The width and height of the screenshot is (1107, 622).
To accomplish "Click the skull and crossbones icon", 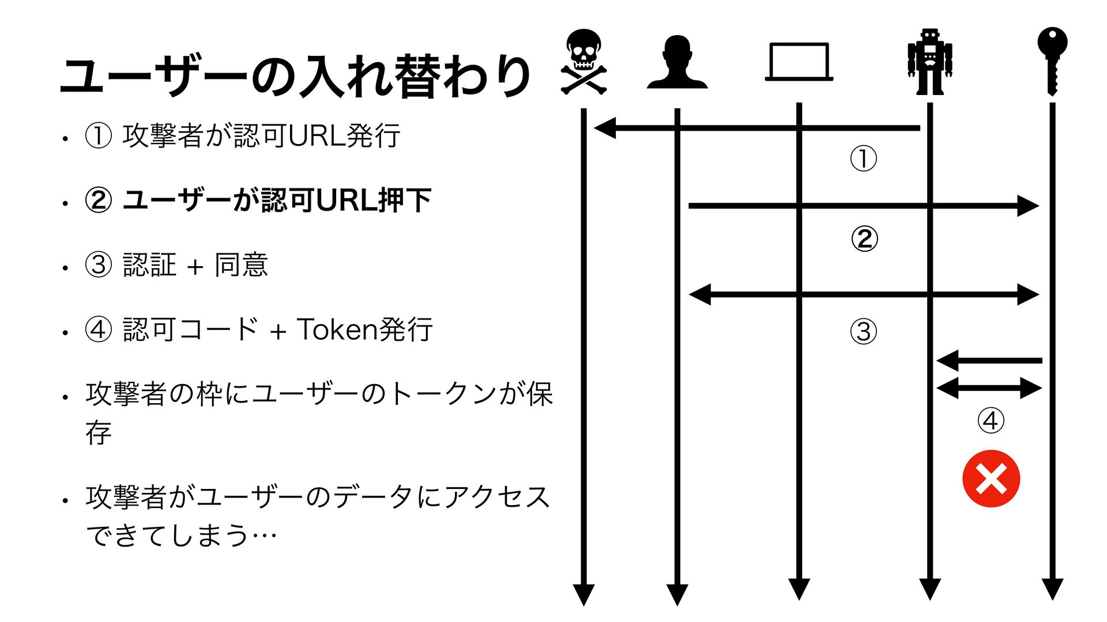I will tap(583, 62).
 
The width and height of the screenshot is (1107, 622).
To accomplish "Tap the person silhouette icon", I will tap(677, 62).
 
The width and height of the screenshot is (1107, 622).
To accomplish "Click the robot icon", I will tap(929, 62).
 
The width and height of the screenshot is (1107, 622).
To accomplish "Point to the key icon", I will tap(1052, 60).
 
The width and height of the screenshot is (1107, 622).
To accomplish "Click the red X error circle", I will tap(991, 479).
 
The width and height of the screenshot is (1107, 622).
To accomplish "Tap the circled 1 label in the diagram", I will tap(864, 158).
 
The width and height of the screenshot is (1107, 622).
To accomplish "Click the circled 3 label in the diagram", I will tap(864, 331).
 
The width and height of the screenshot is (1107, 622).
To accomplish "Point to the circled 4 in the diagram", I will tap(991, 420).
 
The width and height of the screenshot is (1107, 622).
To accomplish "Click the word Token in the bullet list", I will tap(336, 329).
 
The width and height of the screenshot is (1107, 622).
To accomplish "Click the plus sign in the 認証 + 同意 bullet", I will tap(195, 266).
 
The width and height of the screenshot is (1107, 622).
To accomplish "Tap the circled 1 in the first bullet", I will tap(98, 136).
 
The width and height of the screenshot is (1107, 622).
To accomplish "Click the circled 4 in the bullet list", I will tap(98, 330).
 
